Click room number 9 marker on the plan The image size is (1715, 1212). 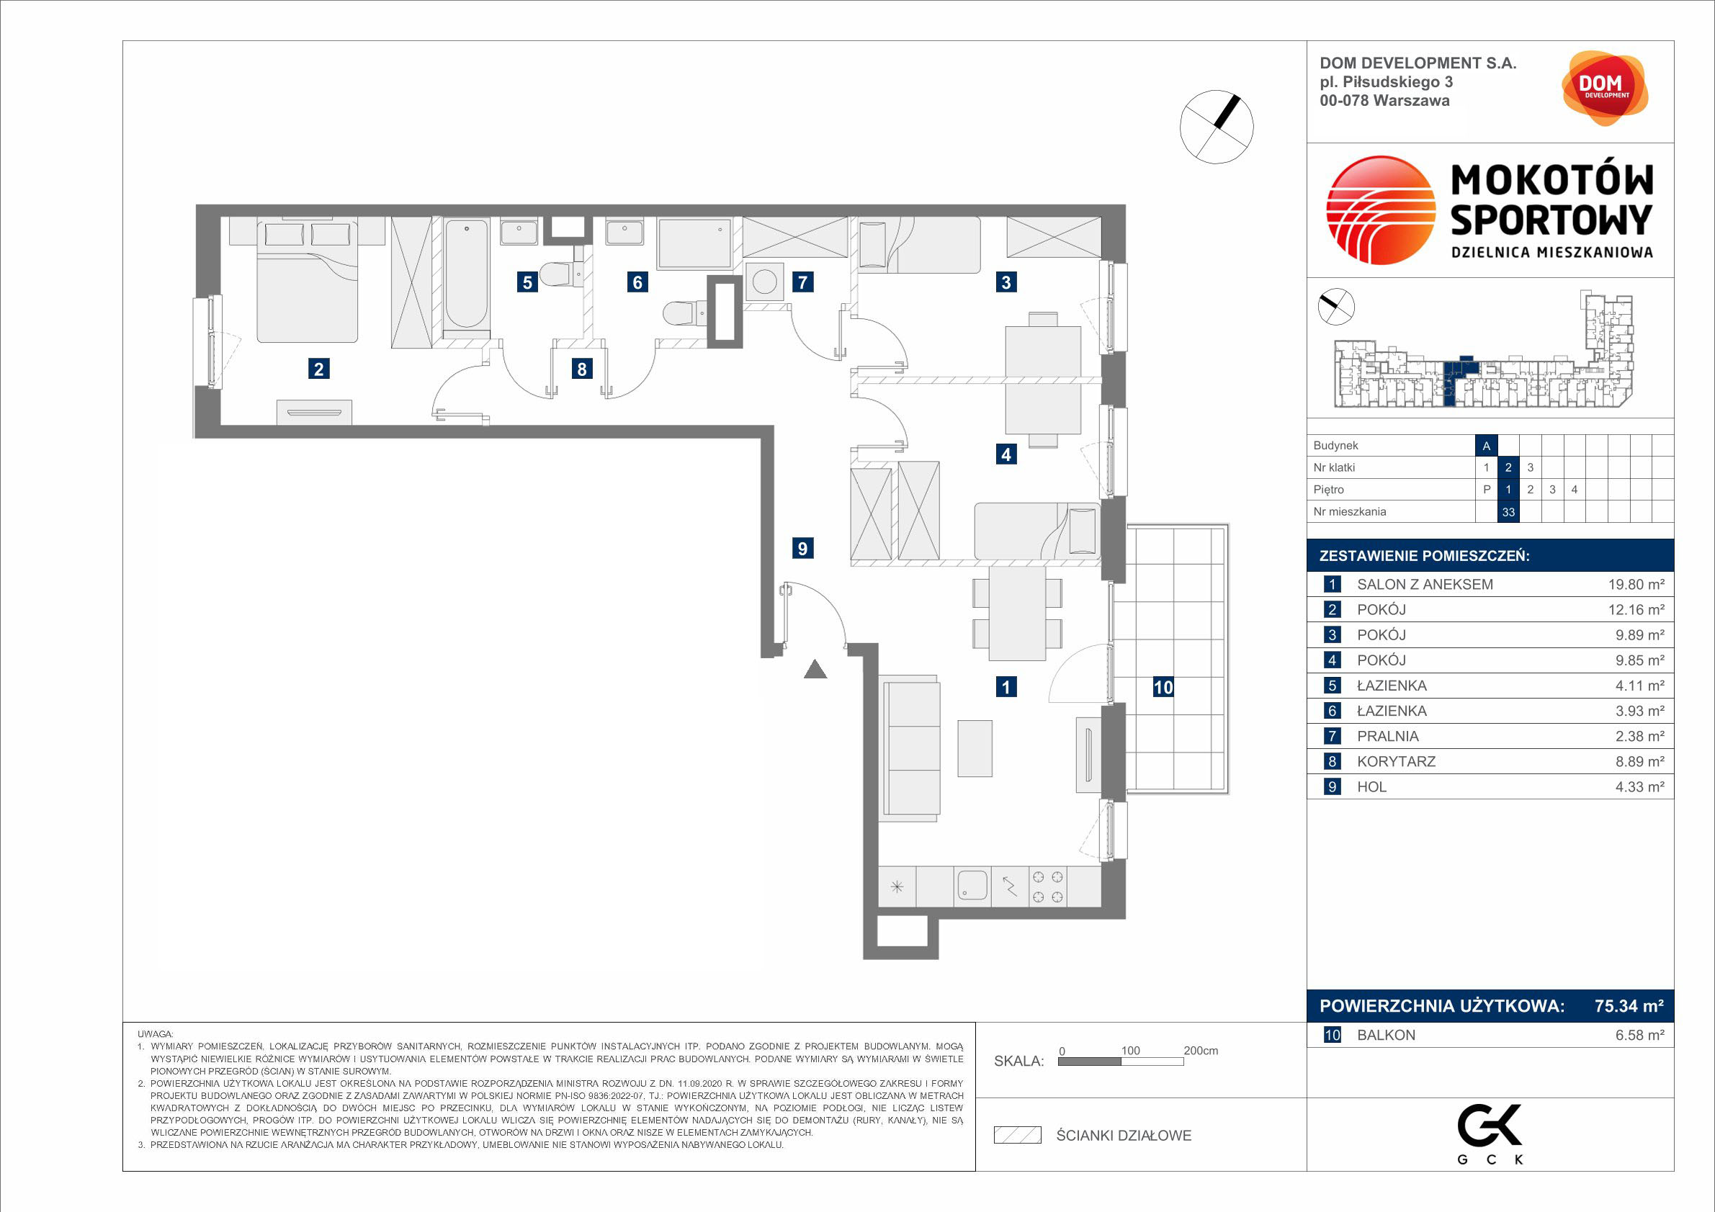pyautogui.click(x=802, y=548)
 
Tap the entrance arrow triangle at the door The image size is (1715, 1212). pyautogui.click(x=815, y=670)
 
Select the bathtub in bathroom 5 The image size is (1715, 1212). pyautogui.click(x=466, y=274)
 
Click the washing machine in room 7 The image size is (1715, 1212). pyautogui.click(x=764, y=282)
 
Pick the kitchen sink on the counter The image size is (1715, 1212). pyautogui.click(x=972, y=886)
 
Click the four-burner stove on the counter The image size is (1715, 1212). pyautogui.click(x=1047, y=886)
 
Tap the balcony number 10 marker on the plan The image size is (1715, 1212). pyautogui.click(x=1163, y=687)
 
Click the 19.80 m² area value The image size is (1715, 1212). pyautogui.click(x=1636, y=585)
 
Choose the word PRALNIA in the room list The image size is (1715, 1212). pyautogui.click(x=1388, y=736)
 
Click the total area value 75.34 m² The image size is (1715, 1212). pyautogui.click(x=1629, y=1006)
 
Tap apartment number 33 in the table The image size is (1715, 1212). pyautogui.click(x=1508, y=512)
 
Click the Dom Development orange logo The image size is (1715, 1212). pyautogui.click(x=1605, y=88)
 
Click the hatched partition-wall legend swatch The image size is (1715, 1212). pyautogui.click(x=1017, y=1135)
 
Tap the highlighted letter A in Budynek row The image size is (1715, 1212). pyautogui.click(x=1487, y=446)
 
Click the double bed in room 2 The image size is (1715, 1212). pyautogui.click(x=307, y=280)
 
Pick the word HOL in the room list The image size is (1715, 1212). pyautogui.click(x=1371, y=787)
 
